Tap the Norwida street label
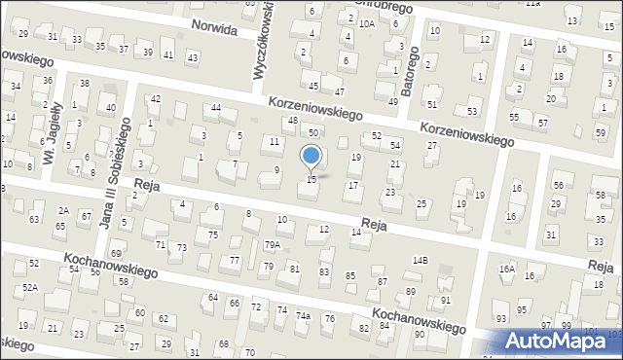(x=215, y=26)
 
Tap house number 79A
(x=273, y=245)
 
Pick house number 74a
(x=304, y=316)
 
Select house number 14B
(x=420, y=260)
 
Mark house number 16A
(x=507, y=270)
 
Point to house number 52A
(x=31, y=287)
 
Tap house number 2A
(x=63, y=210)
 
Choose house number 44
(x=216, y=107)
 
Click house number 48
(x=293, y=121)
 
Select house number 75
(x=212, y=234)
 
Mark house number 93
(x=501, y=318)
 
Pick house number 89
(x=411, y=291)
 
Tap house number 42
(x=156, y=99)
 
